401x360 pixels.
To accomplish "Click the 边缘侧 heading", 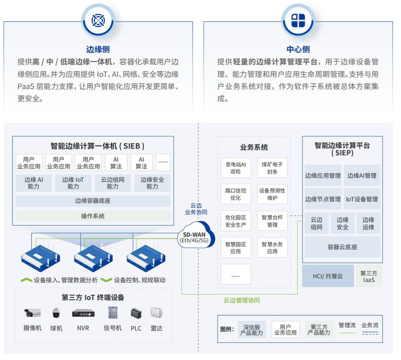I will coord(94,49).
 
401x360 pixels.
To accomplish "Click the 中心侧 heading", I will coord(298,49).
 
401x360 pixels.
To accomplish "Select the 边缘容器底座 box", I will coord(93,201).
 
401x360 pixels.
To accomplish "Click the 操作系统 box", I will coord(93,216).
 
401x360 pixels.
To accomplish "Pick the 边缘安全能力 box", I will coord(152,183).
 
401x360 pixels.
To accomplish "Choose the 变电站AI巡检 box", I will coord(235,168).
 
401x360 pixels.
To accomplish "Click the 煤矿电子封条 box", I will coord(268,168).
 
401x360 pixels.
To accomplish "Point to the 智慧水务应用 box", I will coord(268,248).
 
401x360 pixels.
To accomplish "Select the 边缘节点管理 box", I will coord(323,199).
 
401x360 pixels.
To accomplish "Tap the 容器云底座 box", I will coord(342,247).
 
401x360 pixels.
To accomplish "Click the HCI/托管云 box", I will coord(327,276).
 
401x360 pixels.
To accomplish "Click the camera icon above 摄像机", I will coord(33,313).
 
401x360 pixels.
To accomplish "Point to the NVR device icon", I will coord(82,313).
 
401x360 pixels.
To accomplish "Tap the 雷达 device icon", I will coord(156,313).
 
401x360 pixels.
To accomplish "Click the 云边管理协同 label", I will coord(241,300).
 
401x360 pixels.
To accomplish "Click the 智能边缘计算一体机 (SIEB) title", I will coord(93,146).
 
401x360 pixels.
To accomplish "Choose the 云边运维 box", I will coord(368,223).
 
